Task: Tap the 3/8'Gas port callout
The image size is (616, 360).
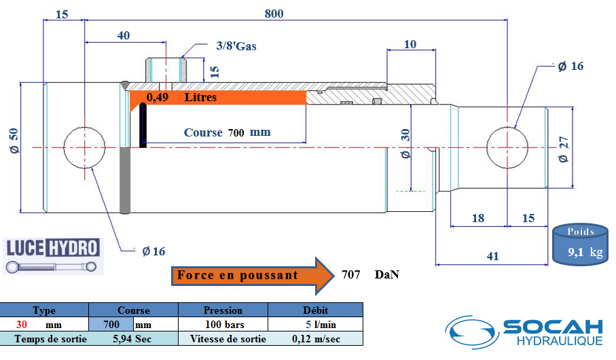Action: click(x=236, y=46)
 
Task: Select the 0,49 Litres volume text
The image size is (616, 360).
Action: click(x=182, y=98)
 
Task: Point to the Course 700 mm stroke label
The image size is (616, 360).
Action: click(x=227, y=132)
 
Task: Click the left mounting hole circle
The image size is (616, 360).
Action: click(x=84, y=147)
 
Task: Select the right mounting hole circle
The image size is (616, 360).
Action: click(x=509, y=147)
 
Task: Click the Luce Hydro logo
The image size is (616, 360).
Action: click(x=53, y=255)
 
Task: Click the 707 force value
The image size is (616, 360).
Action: click(x=350, y=275)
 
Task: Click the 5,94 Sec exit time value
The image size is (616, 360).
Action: click(x=132, y=338)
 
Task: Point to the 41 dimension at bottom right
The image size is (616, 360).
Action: click(x=492, y=256)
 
